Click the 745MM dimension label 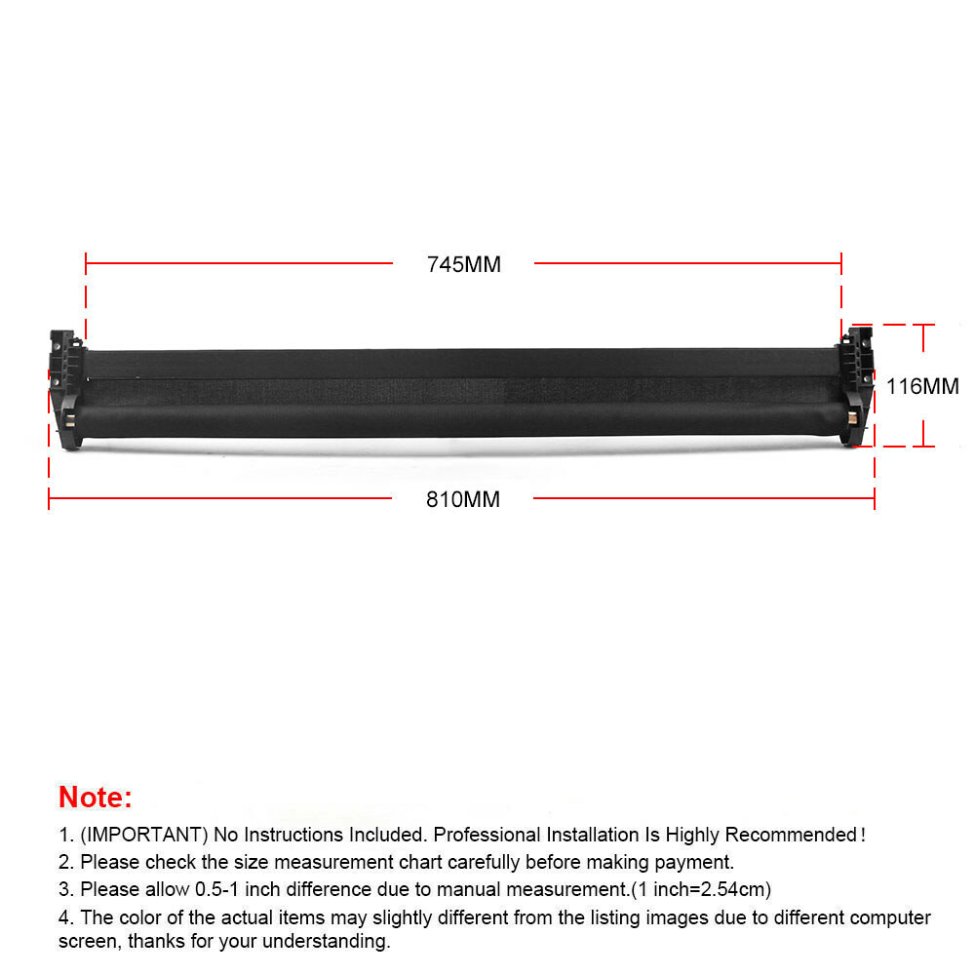click(463, 264)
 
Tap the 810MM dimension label click(462, 500)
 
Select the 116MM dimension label click(922, 386)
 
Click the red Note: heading click(95, 797)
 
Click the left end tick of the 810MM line click(49, 499)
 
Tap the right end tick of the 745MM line click(841, 263)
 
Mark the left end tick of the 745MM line click(86, 263)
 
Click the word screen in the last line click(85, 942)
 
